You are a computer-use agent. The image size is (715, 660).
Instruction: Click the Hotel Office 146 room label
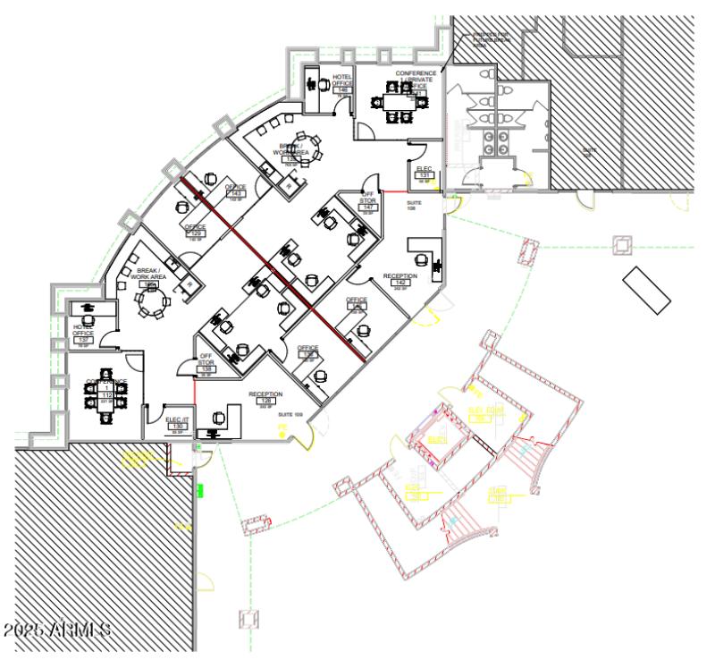[342, 83]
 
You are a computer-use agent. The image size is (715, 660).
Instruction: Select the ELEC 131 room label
[425, 173]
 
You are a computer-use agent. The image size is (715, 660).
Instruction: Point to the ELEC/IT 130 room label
[176, 422]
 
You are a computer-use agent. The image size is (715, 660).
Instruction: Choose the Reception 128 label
[265, 398]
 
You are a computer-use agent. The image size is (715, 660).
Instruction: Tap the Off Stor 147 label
[368, 201]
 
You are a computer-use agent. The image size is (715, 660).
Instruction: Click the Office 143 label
[237, 190]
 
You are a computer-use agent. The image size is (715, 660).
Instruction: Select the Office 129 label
[195, 231]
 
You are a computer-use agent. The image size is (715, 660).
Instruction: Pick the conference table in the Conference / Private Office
[395, 101]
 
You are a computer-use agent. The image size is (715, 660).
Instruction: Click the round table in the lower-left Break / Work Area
[151, 301]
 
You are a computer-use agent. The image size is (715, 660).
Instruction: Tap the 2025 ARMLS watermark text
[56, 630]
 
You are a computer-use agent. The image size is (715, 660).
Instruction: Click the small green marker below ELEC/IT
[200, 489]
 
